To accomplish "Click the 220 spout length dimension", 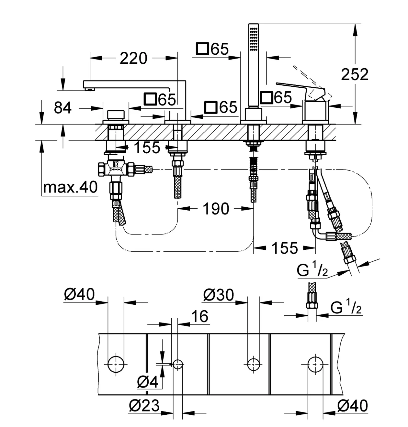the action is pyautogui.click(x=133, y=58).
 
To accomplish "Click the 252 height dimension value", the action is pyautogui.click(x=355, y=74).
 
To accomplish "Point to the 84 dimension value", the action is pyautogui.click(x=62, y=108).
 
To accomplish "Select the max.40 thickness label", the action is pyautogui.click(x=70, y=187).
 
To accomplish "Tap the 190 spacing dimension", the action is pyautogui.click(x=216, y=209).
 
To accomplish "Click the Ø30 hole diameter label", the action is pyautogui.click(x=219, y=295).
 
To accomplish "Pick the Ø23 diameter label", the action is pyautogui.click(x=144, y=405).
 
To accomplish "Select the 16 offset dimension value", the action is pyautogui.click(x=200, y=316).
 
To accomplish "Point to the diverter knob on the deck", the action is pyautogui.click(x=116, y=115).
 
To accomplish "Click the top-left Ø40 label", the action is pyautogui.click(x=79, y=294).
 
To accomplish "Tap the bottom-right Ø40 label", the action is pyautogui.click(x=353, y=405).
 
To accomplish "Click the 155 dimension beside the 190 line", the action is pyautogui.click(x=285, y=248).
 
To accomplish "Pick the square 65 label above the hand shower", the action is pyautogui.click(x=212, y=49).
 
